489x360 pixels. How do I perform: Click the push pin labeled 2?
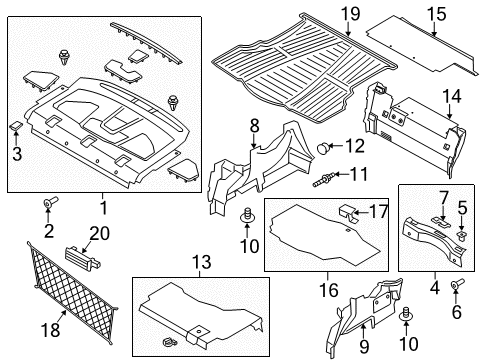[x=48, y=206]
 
